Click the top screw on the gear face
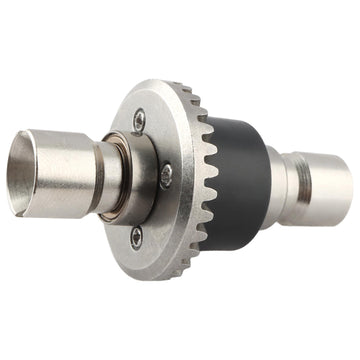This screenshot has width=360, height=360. click(x=139, y=117)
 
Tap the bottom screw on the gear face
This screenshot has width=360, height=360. click(x=137, y=235)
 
